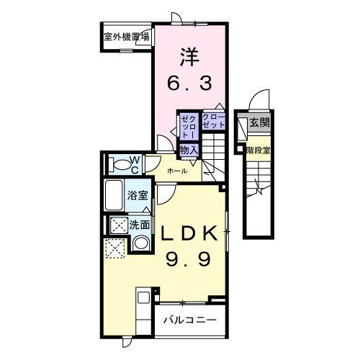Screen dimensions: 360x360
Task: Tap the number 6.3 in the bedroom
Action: pos(189,84)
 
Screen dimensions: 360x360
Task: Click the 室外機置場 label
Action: pos(125,36)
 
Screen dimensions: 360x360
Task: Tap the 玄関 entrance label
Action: pos(259,124)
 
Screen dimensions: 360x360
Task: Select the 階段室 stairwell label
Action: pos(258,150)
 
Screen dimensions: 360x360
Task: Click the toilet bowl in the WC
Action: pos(115,164)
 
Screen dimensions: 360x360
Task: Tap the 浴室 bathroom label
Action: pos(137,194)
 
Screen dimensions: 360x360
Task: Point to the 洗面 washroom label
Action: pos(140,225)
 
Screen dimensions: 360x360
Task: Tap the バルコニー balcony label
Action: pos(189,318)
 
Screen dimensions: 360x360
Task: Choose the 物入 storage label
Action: pos(188,149)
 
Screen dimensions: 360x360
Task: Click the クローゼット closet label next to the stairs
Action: pos(213,121)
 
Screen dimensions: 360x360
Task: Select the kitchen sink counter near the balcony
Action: pos(142,306)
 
